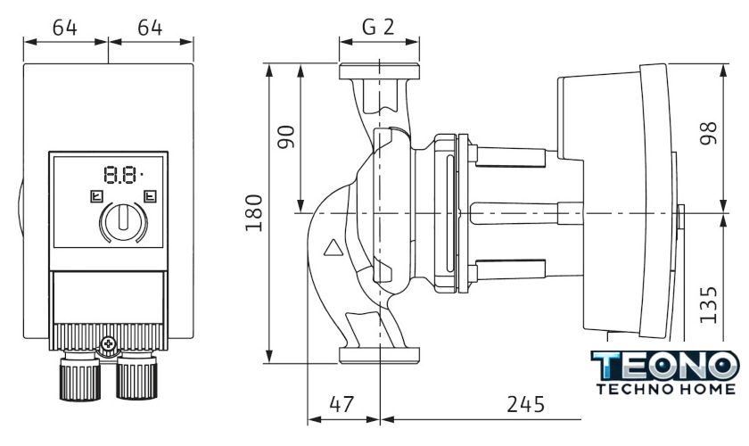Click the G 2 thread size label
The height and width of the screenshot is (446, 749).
[379, 27]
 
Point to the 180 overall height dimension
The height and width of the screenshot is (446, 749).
[254, 212]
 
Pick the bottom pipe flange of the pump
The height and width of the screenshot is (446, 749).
[379, 355]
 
